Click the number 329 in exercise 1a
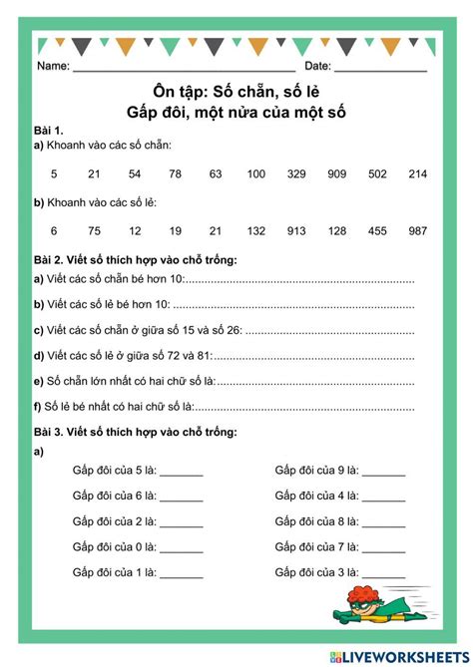(x=296, y=174)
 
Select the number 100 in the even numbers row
(x=255, y=174)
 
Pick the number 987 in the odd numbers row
(x=417, y=230)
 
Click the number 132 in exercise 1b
(x=255, y=230)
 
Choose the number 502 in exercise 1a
(x=377, y=174)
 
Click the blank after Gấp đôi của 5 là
(x=181, y=471)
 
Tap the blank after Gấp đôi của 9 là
(x=384, y=471)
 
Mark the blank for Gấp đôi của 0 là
(x=181, y=547)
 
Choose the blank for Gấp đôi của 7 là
(x=384, y=547)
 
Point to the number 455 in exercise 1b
(x=377, y=230)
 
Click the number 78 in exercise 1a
(x=175, y=174)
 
